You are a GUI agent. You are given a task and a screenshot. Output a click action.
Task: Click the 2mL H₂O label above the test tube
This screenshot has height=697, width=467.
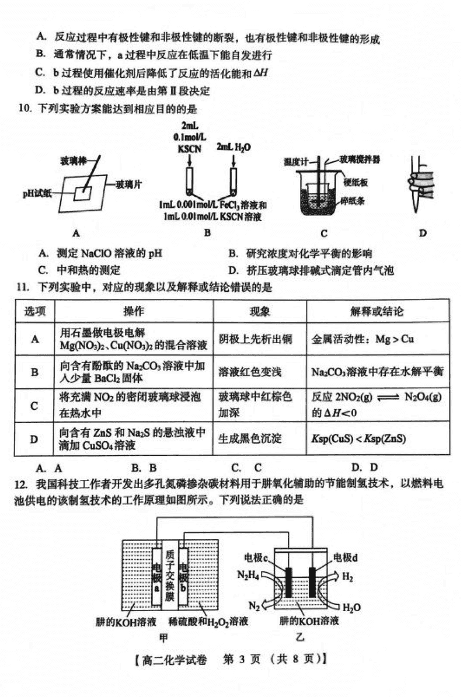233,148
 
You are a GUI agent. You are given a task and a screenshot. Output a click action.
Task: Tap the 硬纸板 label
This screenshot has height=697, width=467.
355,182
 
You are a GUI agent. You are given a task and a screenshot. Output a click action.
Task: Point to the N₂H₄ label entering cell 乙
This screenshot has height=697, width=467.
248,575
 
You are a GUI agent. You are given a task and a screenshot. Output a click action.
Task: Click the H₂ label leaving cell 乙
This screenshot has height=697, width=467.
348,577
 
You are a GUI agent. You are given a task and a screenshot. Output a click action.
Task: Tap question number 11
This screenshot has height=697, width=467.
22,287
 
